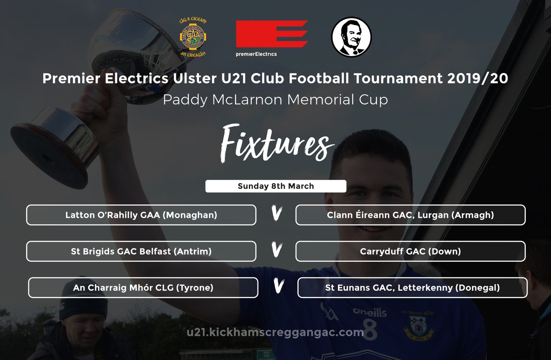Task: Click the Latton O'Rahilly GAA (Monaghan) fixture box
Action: (141, 215)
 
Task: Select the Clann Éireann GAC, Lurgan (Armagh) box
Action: (410, 215)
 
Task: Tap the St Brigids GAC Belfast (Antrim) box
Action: (141, 251)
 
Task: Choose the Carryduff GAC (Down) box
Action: (410, 251)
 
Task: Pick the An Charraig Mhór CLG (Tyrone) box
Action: (143, 288)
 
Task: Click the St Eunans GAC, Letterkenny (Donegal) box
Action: (412, 288)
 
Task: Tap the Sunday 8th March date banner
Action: (275, 186)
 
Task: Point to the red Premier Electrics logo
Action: (271, 35)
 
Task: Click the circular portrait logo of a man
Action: (351, 37)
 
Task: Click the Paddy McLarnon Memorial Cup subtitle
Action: (275, 100)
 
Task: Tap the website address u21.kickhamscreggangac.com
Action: (275, 332)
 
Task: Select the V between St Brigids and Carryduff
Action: (276, 251)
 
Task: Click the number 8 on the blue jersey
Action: (370, 332)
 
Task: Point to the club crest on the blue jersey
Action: (422, 327)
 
